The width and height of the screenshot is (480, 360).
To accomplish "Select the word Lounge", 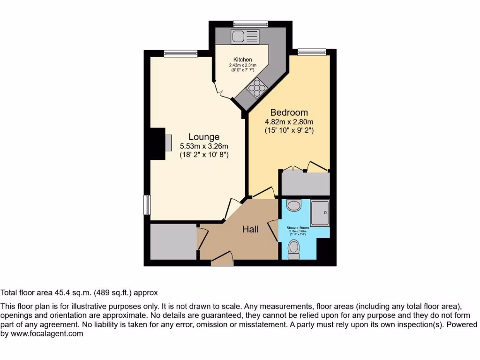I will (x=204, y=137).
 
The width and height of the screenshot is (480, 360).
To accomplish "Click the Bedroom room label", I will (x=289, y=112).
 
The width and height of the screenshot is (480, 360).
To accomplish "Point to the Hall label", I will (x=250, y=229).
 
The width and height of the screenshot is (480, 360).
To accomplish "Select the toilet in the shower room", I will (x=294, y=249).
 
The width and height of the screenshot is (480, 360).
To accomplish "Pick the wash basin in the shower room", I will (x=294, y=205).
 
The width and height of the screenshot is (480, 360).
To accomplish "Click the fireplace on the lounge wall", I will (x=168, y=141).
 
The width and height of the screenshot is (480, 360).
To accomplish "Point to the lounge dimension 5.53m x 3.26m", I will (x=204, y=146).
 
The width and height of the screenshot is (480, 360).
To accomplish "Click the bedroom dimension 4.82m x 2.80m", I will (x=289, y=122).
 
